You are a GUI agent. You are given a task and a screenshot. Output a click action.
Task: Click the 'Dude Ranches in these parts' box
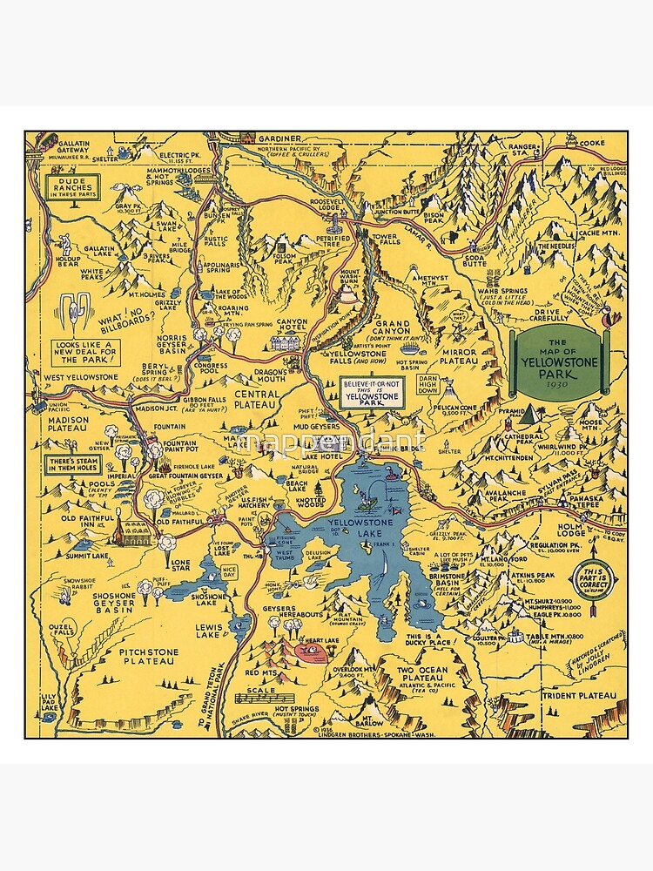point(73,186)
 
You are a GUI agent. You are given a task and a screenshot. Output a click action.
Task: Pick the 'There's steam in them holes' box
point(72,463)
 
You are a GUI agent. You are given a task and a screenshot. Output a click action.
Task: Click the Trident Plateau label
point(583,696)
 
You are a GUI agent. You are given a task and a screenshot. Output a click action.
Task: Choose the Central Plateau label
point(256,399)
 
